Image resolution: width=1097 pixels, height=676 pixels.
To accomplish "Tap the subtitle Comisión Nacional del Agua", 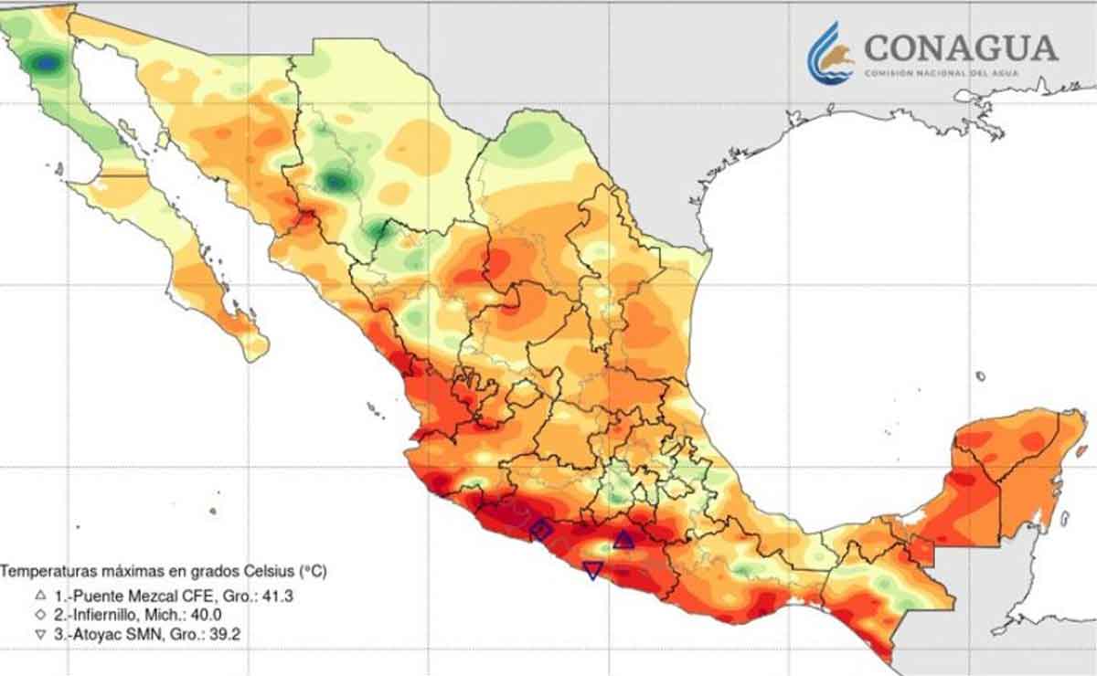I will coord(960,73).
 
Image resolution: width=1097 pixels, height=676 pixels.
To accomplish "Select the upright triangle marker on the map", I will coord(623,540).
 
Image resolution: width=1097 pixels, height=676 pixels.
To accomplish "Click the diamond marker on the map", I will coord(541,530).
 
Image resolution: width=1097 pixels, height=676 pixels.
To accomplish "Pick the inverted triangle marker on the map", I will coord(592,571).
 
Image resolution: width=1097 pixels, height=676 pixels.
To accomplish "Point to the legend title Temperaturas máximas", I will coord(165,572).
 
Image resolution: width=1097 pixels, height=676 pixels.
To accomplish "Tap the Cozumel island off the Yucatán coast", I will coord(1064,518).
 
